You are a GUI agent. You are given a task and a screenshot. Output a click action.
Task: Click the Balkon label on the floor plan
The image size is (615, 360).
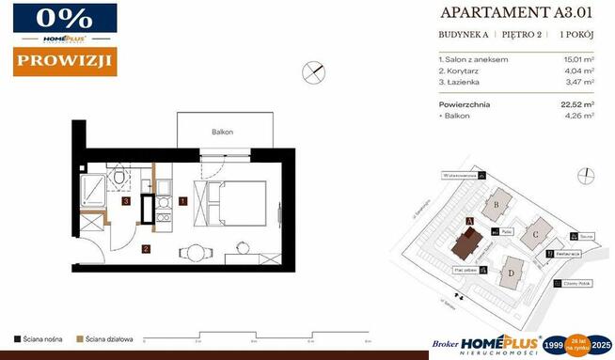tap(222, 133)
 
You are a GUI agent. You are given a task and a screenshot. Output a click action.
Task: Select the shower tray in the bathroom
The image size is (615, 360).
tap(93, 191)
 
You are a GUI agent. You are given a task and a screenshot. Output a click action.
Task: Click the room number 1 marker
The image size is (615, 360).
tap(183, 200)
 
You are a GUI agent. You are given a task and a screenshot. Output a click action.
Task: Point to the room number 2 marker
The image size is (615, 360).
tap(146, 249)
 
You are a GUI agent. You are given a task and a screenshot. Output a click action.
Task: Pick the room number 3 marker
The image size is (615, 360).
tap(125, 200)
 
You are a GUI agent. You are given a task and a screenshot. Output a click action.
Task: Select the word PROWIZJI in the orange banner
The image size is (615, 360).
tap(65, 62)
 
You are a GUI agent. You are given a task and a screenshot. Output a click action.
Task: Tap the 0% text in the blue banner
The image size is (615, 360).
tap(65, 19)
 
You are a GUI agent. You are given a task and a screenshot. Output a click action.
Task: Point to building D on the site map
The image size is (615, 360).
tap(512, 274)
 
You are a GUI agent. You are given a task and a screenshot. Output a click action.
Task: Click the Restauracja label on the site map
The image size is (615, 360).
tap(566, 254)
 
